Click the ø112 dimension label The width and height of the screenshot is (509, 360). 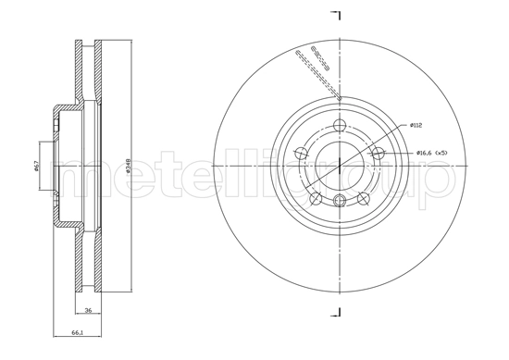click(418, 126)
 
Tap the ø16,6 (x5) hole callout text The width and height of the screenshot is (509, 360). click(432, 153)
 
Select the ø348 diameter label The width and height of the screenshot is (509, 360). click(127, 167)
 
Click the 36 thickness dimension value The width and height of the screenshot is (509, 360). click(88, 311)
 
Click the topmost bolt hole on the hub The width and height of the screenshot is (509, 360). click(340, 126)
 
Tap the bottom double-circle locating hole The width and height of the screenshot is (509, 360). click(340, 201)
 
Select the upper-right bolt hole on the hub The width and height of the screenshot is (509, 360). click(379, 154)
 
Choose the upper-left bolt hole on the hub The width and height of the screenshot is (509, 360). click(302, 154)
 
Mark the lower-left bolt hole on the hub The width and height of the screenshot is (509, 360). click(317, 198)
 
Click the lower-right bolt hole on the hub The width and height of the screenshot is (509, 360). click(363, 198)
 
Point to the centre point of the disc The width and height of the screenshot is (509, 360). click(340, 166)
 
